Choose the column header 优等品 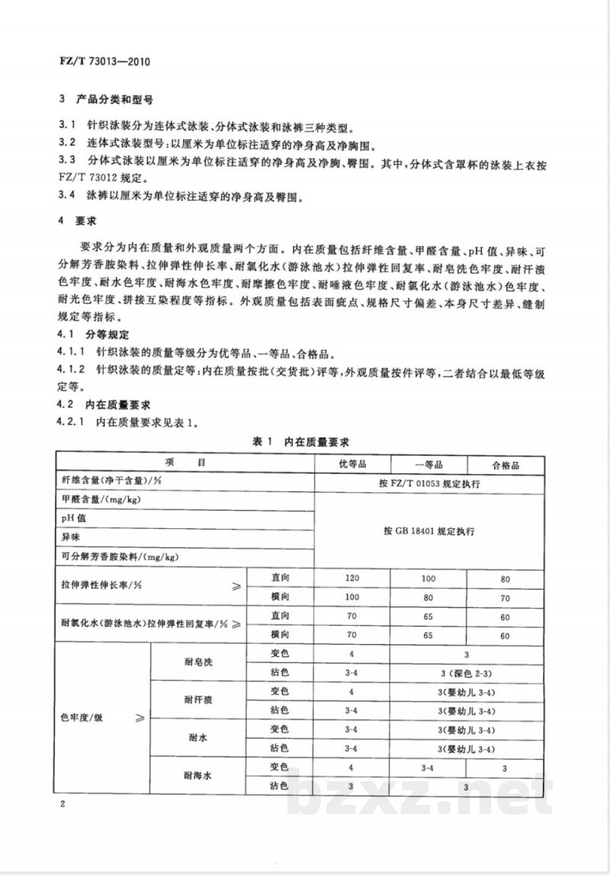click(352, 464)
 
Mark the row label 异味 click(71, 537)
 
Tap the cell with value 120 click(352, 579)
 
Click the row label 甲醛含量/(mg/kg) click(101, 500)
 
